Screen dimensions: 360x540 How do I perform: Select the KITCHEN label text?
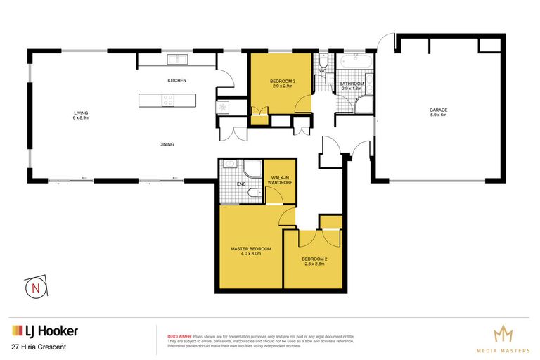(x=176, y=81)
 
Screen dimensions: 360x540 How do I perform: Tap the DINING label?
(x=167, y=144)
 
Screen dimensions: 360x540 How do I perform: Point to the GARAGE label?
(x=439, y=110)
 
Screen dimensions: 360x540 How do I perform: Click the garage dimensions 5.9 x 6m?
(x=439, y=116)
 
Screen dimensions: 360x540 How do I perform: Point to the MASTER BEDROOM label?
(x=251, y=249)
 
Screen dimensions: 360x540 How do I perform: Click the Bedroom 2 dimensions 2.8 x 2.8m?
(x=315, y=264)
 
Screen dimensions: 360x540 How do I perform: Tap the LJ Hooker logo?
(x=44, y=330)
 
